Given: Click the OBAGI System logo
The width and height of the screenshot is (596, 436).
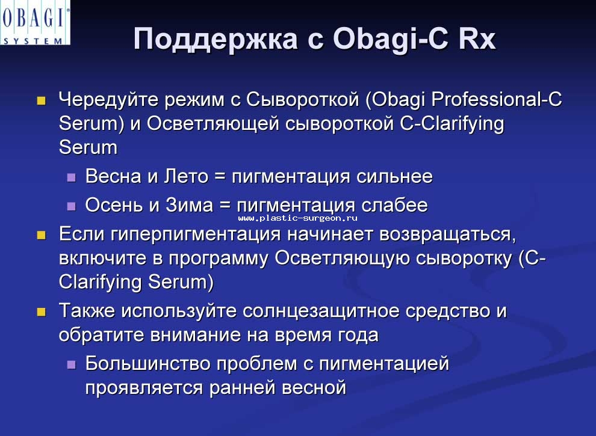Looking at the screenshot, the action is [x=35, y=23].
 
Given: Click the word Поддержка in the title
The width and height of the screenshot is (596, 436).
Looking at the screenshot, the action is [x=216, y=39].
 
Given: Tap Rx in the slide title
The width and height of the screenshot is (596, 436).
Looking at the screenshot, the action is [x=477, y=38].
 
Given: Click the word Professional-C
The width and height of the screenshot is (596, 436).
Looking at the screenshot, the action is [x=497, y=99].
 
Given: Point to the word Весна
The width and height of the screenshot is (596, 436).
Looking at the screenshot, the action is [x=113, y=177].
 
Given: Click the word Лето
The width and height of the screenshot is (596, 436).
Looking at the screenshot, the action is [x=186, y=177].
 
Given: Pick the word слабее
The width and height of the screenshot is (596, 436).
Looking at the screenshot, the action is [x=394, y=206].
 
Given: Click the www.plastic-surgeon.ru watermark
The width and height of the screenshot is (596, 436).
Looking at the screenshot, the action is [x=297, y=218].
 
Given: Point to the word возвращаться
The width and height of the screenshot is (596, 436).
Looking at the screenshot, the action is [x=448, y=235].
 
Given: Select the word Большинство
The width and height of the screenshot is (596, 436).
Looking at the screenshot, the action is [x=148, y=363].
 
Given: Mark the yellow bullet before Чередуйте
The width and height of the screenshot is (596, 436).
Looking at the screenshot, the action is [x=41, y=100].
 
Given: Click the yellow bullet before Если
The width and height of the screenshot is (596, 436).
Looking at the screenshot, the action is [x=41, y=235].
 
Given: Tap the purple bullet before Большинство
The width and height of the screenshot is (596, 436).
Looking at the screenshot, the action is [x=72, y=365].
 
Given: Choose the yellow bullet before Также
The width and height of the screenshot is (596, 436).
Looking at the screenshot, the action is [x=41, y=312].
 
